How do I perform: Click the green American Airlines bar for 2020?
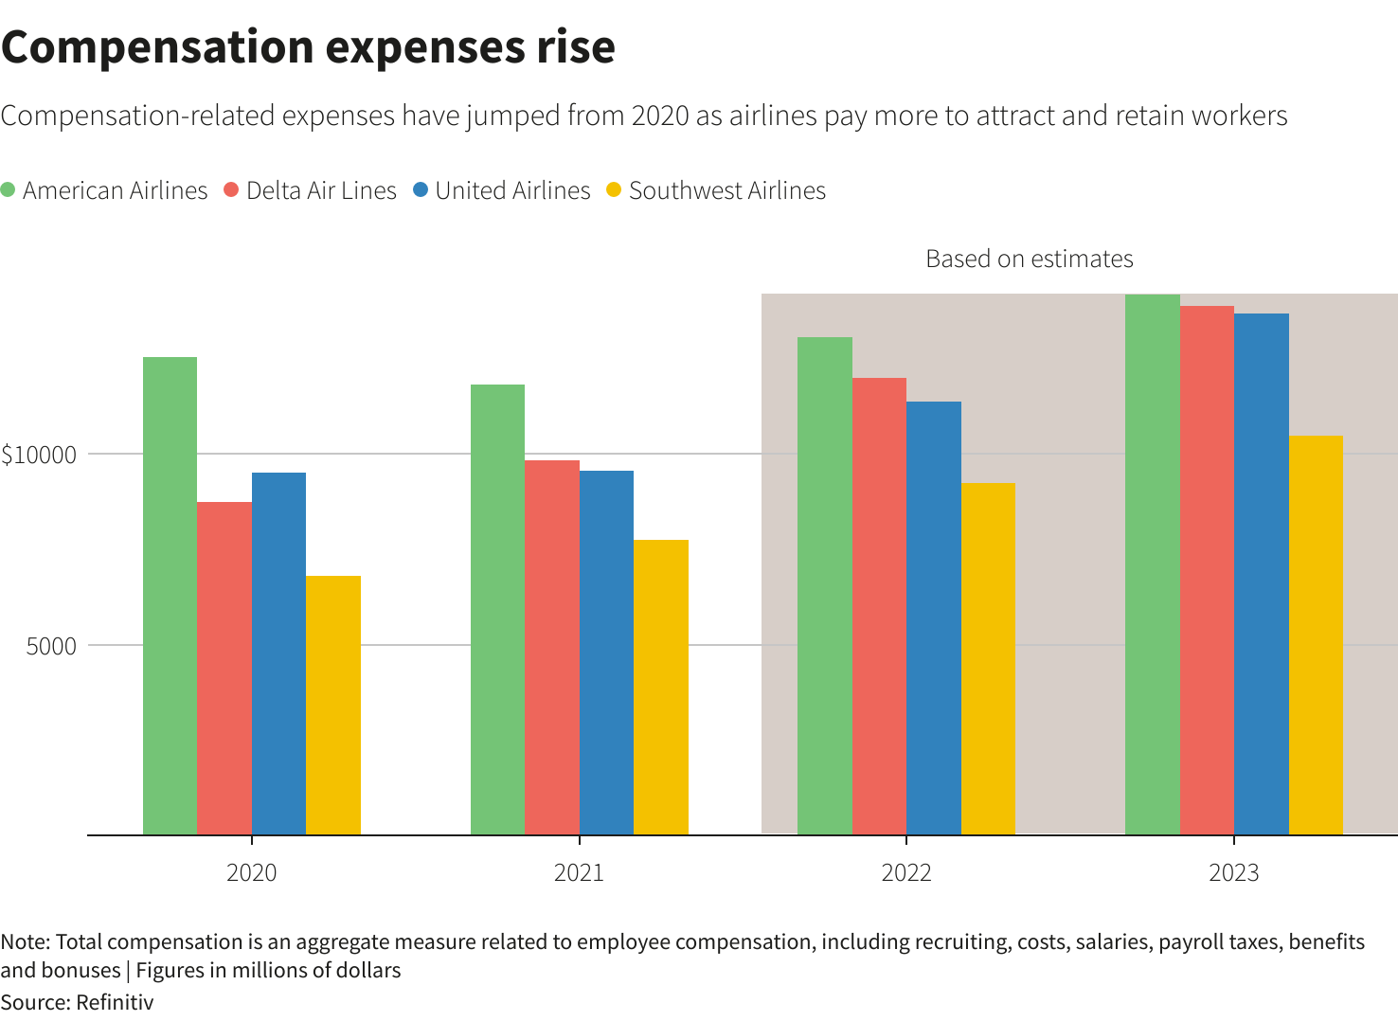tap(170, 596)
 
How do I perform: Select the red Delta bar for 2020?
tap(224, 668)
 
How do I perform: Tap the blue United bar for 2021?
tap(606, 653)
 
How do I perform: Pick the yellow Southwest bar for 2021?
tap(661, 687)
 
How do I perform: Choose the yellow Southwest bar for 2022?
tap(988, 658)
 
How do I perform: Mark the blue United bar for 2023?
tap(1261, 574)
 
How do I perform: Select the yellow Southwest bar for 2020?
tap(333, 705)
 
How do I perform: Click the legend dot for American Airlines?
tap(9, 189)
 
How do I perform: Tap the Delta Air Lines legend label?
tap(321, 190)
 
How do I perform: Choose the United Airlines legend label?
tap(512, 190)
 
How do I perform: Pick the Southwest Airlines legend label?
tap(726, 190)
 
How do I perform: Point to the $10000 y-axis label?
tap(39, 455)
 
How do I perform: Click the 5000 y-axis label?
tap(51, 646)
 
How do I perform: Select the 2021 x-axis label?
tap(579, 872)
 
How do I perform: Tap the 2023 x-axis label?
tap(1233, 872)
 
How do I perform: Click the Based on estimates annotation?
tap(1029, 259)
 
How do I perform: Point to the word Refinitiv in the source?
tap(115, 1002)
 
